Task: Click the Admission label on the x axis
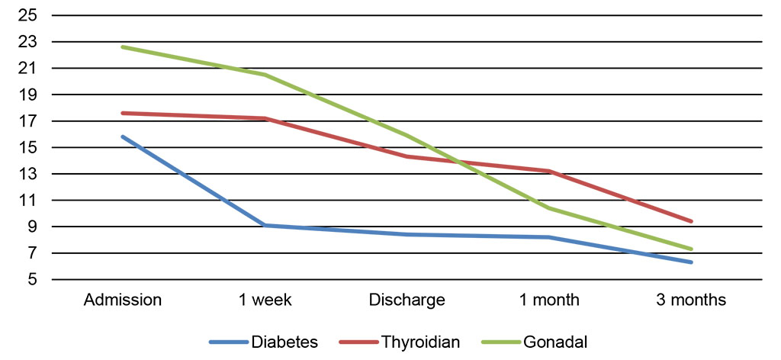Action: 122,300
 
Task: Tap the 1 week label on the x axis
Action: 265,300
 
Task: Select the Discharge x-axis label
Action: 407,300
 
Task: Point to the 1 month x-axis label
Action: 549,300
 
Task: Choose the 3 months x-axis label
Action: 691,300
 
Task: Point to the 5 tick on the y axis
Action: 33,280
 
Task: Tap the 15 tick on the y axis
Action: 28,148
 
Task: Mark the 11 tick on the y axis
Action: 28,201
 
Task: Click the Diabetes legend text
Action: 284,342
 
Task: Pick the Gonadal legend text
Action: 555,342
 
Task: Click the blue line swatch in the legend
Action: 229,342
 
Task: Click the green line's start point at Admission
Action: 122,47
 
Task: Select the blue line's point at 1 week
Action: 265,226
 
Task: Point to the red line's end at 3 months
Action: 691,221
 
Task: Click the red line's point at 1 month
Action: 549,171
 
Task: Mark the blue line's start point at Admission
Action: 122,137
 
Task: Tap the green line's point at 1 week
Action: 265,75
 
